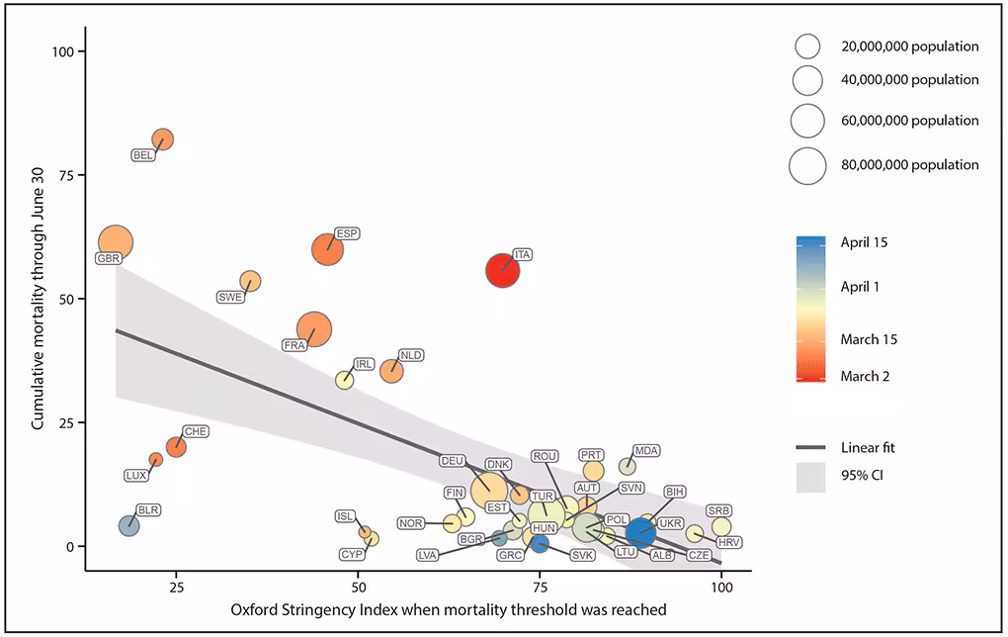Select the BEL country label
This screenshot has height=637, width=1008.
click(x=144, y=155)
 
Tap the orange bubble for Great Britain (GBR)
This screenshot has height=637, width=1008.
click(x=116, y=241)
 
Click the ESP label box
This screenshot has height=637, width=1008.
click(x=347, y=233)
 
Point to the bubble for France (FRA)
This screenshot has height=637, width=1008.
click(x=313, y=330)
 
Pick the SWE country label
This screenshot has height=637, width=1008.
click(x=230, y=297)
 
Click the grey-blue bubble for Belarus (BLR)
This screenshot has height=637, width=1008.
click(x=128, y=525)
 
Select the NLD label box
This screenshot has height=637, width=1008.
click(x=410, y=354)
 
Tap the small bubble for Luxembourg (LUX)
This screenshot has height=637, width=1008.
click(x=156, y=459)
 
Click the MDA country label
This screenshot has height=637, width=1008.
click(x=646, y=450)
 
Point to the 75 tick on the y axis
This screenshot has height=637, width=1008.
click(x=70, y=175)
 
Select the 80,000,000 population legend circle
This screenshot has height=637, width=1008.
click(x=807, y=165)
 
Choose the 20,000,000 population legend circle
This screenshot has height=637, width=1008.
click(x=807, y=46)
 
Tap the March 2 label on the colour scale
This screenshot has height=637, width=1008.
click(x=865, y=376)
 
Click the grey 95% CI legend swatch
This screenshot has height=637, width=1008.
click(x=808, y=478)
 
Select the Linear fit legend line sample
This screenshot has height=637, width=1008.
click(x=808, y=448)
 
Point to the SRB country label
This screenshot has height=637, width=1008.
click(x=718, y=510)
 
